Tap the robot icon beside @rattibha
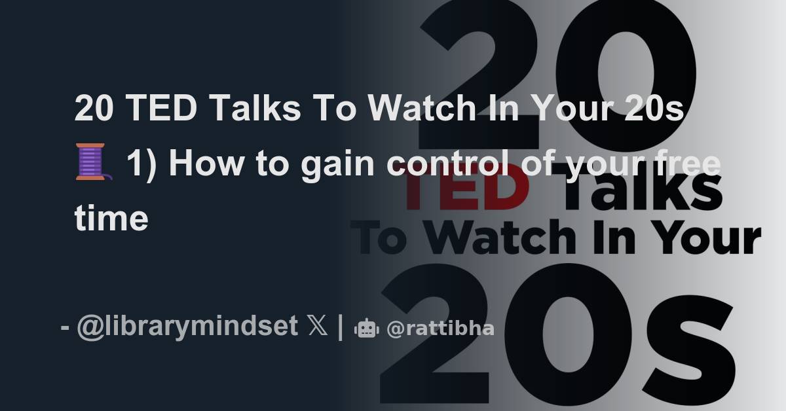(x=365, y=329)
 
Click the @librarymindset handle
(x=187, y=327)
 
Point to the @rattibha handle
(x=440, y=328)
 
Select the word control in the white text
(x=445, y=164)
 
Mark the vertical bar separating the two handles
(x=340, y=327)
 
